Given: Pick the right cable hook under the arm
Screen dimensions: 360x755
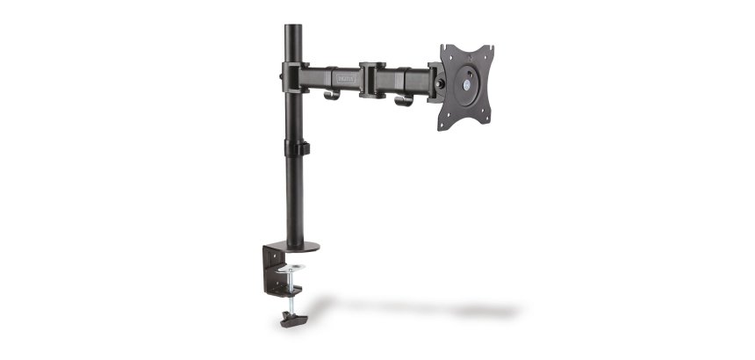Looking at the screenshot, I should pyautogui.click(x=403, y=100).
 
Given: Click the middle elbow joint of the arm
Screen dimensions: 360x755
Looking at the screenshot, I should pyautogui.click(x=372, y=78).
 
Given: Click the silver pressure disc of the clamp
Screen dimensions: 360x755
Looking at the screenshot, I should pyautogui.click(x=292, y=267).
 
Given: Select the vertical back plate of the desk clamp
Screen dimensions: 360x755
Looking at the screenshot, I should pyautogui.click(x=269, y=272).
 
